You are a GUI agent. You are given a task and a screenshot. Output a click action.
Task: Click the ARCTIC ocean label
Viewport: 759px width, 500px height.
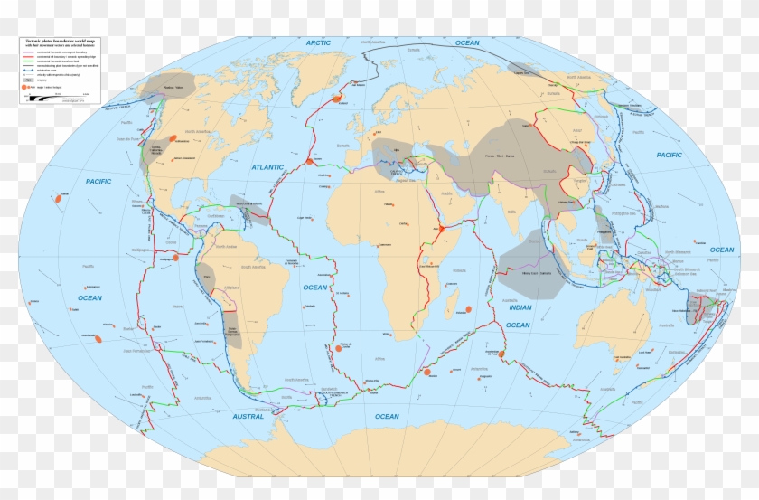(319, 42)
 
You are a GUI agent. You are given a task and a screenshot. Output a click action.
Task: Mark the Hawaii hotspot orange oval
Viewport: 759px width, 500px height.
(57, 196)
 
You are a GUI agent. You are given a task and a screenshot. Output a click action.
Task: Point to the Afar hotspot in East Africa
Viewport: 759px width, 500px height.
(444, 230)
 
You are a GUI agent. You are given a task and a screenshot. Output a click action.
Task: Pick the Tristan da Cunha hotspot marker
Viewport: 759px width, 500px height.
(339, 346)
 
